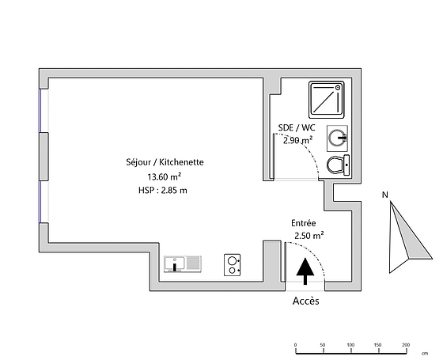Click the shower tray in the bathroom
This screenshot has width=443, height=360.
(x=326, y=100)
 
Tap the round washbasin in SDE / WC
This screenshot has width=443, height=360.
(x=337, y=138)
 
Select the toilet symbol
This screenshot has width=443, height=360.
(x=339, y=165)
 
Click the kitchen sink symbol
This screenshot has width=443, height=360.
(x=183, y=264)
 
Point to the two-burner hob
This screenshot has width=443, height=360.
(x=233, y=265)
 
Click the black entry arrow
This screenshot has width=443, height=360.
(x=305, y=271)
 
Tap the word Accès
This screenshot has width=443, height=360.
(x=305, y=301)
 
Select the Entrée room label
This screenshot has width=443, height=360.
(x=304, y=223)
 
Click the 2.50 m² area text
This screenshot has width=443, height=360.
(x=309, y=236)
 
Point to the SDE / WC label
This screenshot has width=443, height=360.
(x=297, y=127)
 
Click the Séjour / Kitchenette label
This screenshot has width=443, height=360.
(x=165, y=162)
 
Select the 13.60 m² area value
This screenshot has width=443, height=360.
(x=165, y=176)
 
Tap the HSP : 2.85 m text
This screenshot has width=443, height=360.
(x=163, y=190)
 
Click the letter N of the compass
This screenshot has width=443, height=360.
(x=384, y=195)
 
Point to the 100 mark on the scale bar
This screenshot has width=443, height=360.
(x=350, y=345)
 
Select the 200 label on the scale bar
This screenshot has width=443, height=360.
(x=406, y=345)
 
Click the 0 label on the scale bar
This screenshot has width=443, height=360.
(x=296, y=345)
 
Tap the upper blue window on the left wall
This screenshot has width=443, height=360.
(x=40, y=111)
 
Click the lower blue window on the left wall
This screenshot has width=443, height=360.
(x=40, y=202)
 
